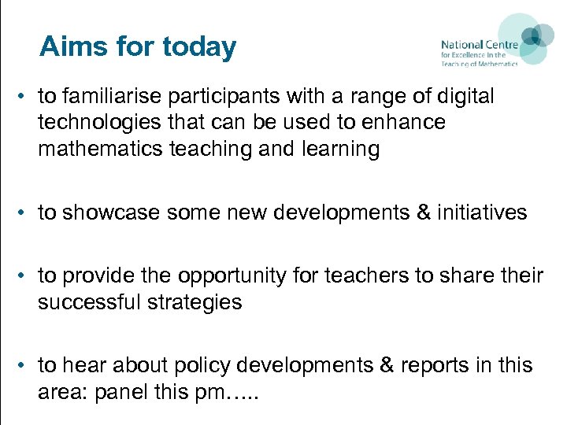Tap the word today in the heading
(x=199, y=47)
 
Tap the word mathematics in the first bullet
(x=101, y=149)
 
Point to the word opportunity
(x=241, y=275)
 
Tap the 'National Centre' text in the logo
(x=479, y=45)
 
